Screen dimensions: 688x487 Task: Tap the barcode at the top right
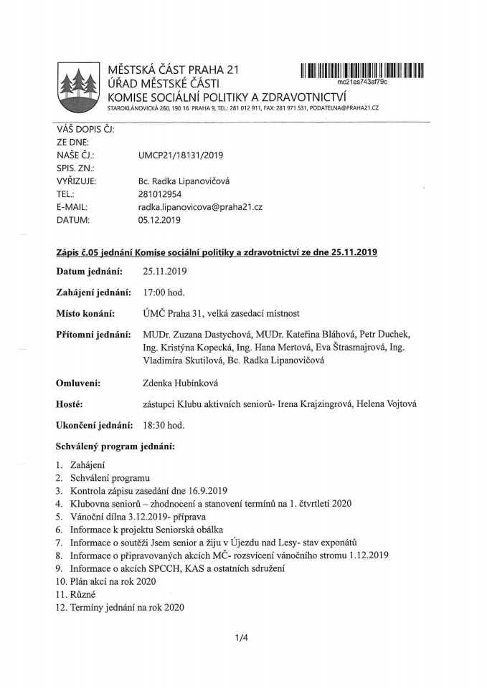pos(363,70)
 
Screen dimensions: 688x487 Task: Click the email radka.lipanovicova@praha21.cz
pos(200,206)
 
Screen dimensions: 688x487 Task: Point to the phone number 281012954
pos(161,193)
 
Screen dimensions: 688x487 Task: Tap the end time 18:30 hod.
pos(164,425)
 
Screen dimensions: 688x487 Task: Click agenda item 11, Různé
pos(82,595)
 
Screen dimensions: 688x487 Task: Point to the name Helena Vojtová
pos(394,404)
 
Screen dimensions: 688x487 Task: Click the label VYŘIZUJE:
pos(76,181)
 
